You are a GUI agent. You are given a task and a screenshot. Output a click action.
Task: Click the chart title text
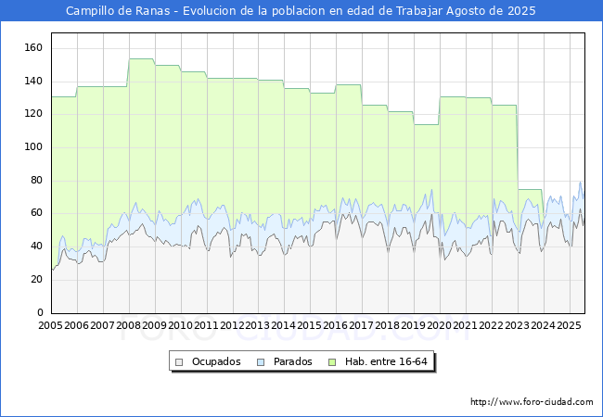(x=301, y=11)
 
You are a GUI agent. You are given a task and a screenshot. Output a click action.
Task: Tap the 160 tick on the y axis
(x=33, y=47)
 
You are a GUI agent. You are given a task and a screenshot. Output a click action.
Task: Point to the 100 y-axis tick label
(x=33, y=147)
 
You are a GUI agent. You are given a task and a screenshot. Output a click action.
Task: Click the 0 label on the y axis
(x=40, y=312)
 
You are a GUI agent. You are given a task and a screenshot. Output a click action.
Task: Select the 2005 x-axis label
(x=50, y=325)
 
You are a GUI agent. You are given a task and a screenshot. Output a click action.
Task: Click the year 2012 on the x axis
(x=232, y=325)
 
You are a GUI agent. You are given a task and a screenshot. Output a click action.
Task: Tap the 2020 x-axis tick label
(x=439, y=325)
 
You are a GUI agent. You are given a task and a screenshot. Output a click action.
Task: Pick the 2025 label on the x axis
(x=569, y=325)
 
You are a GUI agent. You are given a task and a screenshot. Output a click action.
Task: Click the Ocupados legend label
(x=216, y=361)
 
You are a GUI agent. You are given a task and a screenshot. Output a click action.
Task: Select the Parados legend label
(x=292, y=361)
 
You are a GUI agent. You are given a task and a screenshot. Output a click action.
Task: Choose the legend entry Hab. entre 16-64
(x=386, y=361)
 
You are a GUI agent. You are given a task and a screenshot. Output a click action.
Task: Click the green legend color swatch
(x=332, y=362)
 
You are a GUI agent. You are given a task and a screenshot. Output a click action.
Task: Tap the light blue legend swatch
(x=261, y=362)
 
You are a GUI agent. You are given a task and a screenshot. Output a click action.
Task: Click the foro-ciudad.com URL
(x=532, y=402)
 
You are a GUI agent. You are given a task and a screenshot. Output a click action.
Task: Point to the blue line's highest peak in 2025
(x=581, y=182)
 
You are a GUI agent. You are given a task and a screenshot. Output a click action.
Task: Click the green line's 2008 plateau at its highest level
(x=142, y=59)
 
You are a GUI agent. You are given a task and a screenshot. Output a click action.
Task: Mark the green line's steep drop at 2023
(x=518, y=147)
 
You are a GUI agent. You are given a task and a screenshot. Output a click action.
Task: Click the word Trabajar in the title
(x=419, y=11)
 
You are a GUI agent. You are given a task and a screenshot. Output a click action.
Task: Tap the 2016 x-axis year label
(x=335, y=325)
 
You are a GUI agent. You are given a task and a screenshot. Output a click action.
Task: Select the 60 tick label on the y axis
(x=36, y=213)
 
